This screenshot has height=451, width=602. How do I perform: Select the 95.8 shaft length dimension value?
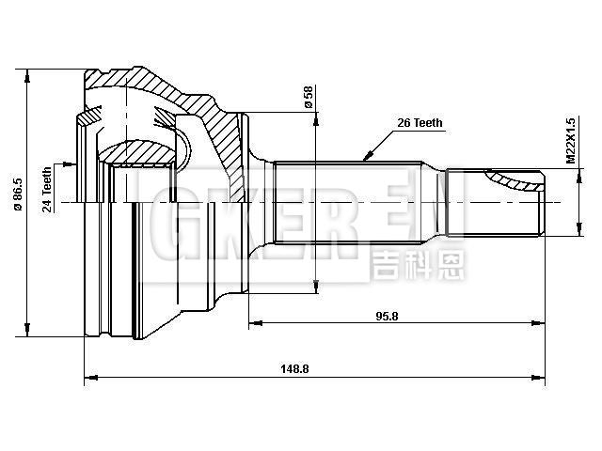pyautogui.click(x=387, y=316)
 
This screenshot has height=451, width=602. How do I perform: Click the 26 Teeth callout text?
pyautogui.click(x=420, y=122)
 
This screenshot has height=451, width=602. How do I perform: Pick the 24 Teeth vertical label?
pyautogui.click(x=47, y=191)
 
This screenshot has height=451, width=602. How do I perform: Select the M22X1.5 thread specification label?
pyautogui.click(x=570, y=142)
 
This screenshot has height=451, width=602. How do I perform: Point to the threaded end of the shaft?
pyautogui.click(x=494, y=202)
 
